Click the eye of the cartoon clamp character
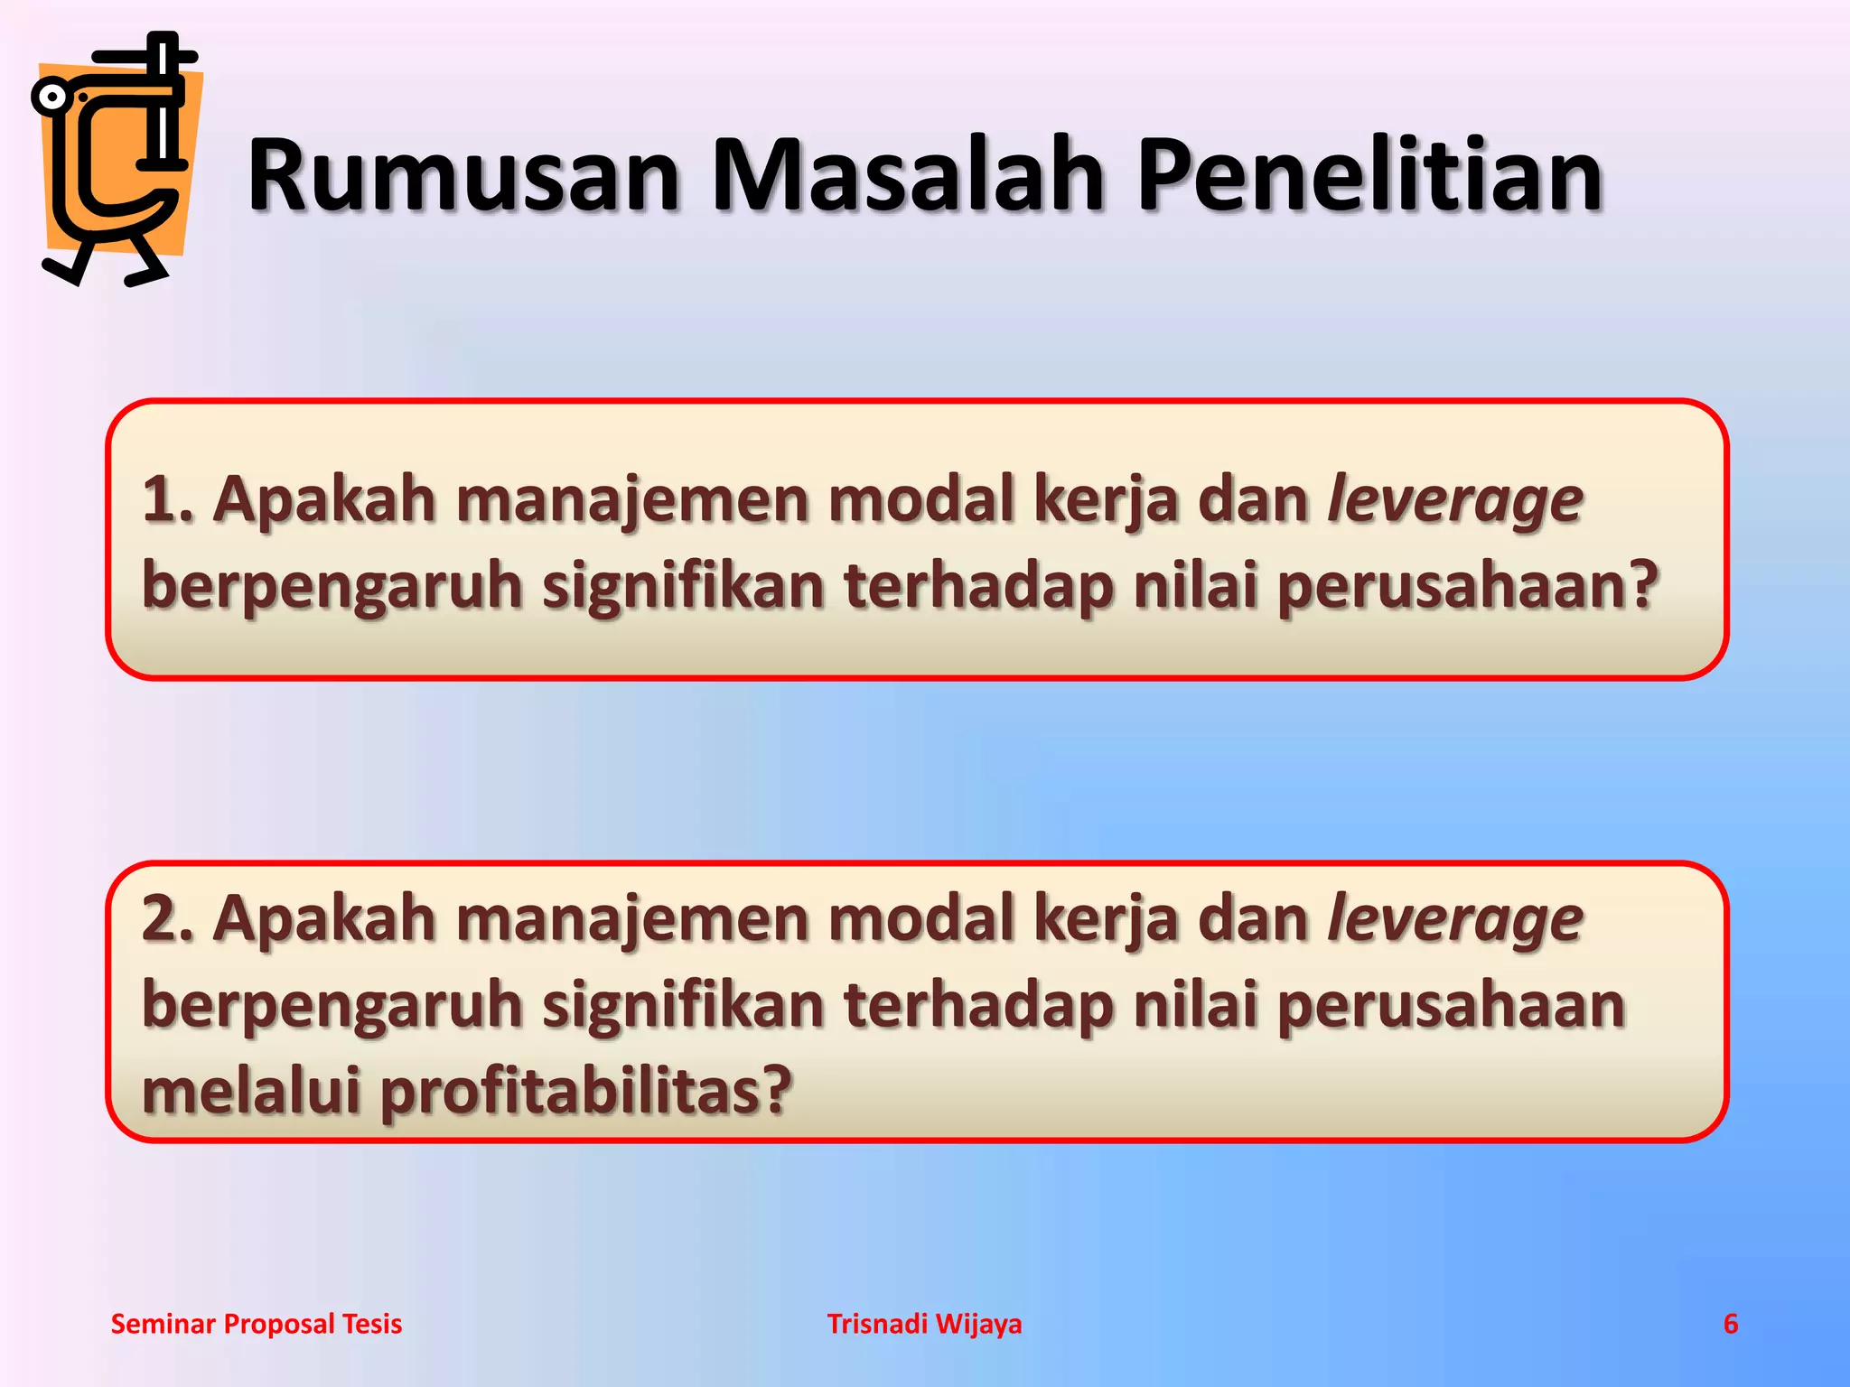(x=53, y=97)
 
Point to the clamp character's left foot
(x=65, y=268)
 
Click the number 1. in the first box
(x=168, y=499)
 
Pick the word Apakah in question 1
(x=324, y=499)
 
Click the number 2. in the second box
(x=168, y=918)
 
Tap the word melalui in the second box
(x=252, y=1090)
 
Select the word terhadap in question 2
(x=978, y=1005)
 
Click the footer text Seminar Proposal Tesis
(x=257, y=1324)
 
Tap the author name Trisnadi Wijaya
(x=924, y=1324)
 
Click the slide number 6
(x=1730, y=1324)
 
